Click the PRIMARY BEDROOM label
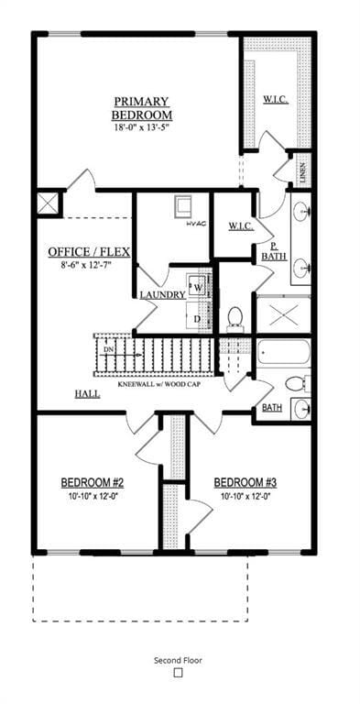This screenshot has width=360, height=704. click(x=142, y=108)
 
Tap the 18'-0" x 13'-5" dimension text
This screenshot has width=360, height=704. click(x=142, y=128)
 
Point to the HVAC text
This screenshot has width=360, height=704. click(x=196, y=224)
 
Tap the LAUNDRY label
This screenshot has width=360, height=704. click(x=163, y=295)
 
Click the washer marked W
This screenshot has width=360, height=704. click(x=198, y=288)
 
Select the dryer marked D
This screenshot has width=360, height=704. click(x=198, y=318)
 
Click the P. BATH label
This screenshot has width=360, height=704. click(x=272, y=251)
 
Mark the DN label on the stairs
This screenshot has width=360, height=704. click(x=109, y=349)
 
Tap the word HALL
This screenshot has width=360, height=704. click(x=88, y=394)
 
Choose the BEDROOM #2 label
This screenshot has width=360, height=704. click(x=93, y=482)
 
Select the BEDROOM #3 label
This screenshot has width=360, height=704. click(x=245, y=482)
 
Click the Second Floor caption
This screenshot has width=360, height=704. click(x=179, y=659)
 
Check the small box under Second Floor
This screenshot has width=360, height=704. click(x=179, y=673)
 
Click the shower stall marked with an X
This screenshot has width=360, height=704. click(x=283, y=314)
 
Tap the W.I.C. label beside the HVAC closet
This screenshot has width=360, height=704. click(x=241, y=225)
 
